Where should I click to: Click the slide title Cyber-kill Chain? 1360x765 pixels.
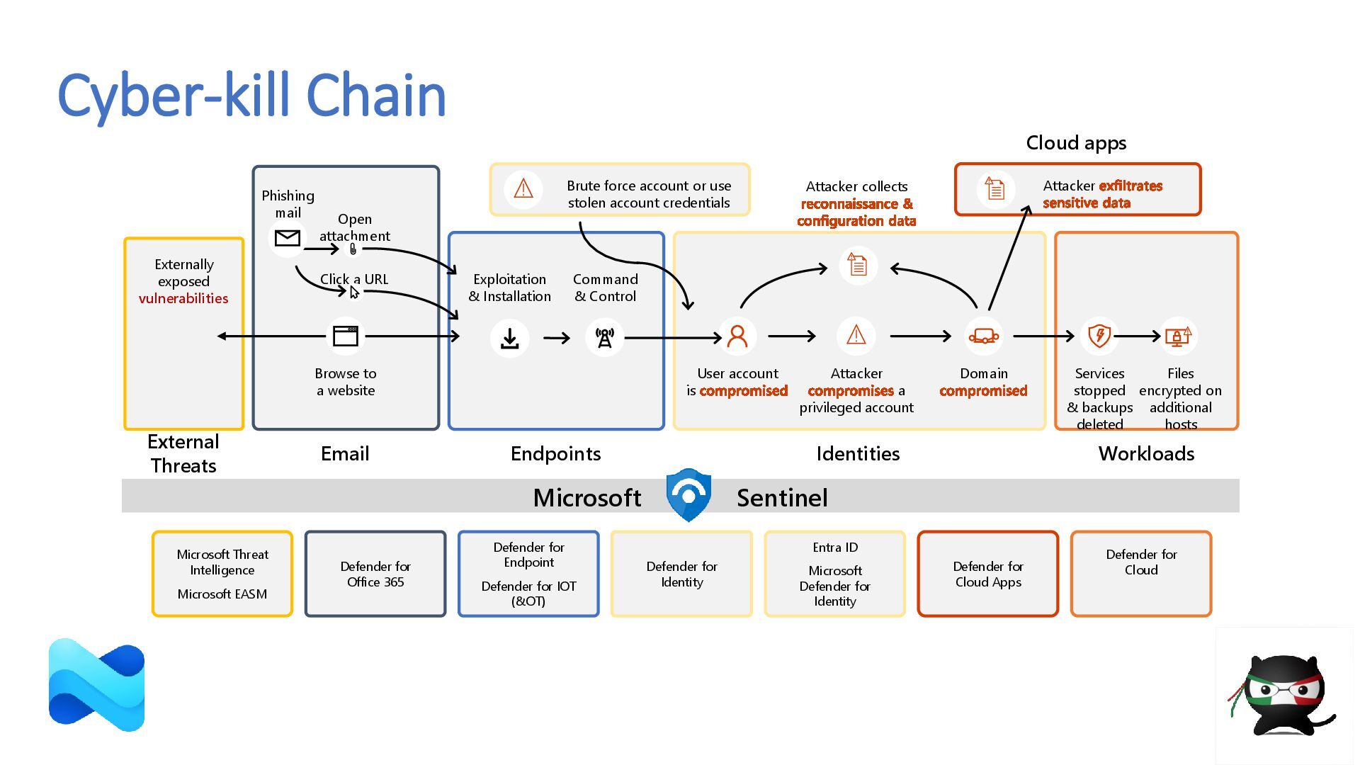(x=251, y=96)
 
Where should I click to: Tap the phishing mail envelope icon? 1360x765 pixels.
(x=287, y=238)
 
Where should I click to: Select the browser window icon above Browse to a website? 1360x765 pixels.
(x=346, y=336)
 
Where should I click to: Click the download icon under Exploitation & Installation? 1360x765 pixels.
(x=509, y=338)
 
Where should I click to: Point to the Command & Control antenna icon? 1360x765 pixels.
(x=604, y=338)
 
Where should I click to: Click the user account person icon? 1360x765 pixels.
(x=737, y=336)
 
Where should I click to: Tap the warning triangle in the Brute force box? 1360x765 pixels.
(x=523, y=188)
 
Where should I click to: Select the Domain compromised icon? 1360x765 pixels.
(x=984, y=336)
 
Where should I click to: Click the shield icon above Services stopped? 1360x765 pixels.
(x=1099, y=335)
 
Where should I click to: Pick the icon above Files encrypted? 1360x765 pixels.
(x=1179, y=336)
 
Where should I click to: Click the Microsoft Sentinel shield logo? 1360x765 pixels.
(x=688, y=494)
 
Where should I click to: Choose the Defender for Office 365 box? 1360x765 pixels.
(x=375, y=574)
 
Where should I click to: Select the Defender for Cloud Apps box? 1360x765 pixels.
(x=988, y=574)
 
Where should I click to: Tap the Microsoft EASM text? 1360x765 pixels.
(x=222, y=594)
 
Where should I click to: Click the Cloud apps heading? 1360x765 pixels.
(x=1076, y=143)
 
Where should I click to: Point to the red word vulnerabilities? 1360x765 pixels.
(x=183, y=298)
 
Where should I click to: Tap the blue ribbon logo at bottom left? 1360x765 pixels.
(x=97, y=685)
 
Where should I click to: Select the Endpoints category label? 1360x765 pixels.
(x=555, y=453)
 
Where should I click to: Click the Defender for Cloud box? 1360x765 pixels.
(x=1141, y=574)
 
